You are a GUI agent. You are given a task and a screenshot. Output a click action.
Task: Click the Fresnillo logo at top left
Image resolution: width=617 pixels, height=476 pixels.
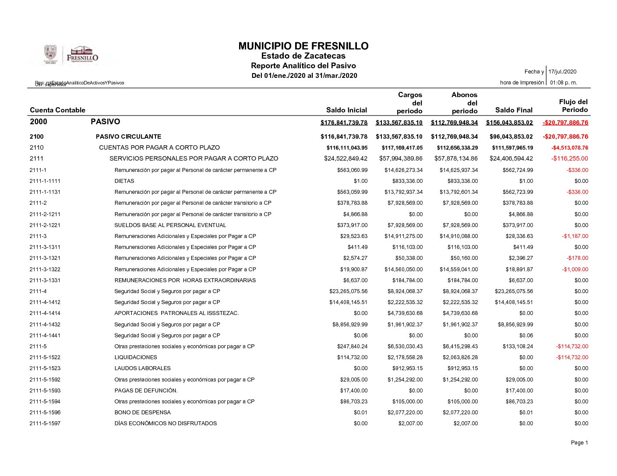(x=71, y=55)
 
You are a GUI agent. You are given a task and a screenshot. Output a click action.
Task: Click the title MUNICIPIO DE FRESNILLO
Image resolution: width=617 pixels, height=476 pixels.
(x=303, y=46)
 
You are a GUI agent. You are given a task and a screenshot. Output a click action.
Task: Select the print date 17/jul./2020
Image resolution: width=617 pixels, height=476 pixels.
(x=562, y=72)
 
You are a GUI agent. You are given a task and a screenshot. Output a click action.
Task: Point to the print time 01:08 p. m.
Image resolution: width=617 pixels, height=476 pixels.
(x=563, y=83)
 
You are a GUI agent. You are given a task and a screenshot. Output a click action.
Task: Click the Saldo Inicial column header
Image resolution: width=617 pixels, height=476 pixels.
(x=346, y=110)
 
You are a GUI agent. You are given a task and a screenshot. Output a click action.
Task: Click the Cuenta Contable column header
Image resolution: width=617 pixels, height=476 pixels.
(x=57, y=110)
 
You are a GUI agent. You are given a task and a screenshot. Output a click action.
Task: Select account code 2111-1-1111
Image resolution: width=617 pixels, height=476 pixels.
(x=45, y=181)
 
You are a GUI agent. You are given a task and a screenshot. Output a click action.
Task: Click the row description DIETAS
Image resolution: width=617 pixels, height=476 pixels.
(x=124, y=181)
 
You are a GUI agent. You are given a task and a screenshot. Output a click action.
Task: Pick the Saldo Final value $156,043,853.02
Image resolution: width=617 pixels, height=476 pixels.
(x=509, y=122)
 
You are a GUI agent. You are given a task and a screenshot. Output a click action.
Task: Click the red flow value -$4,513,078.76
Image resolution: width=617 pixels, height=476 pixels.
(x=570, y=148)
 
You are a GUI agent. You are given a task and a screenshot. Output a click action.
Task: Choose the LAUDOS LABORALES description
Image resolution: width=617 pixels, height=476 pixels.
(x=142, y=368)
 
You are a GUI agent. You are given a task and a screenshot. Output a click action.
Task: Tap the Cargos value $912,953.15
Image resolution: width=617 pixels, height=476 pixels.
(x=405, y=368)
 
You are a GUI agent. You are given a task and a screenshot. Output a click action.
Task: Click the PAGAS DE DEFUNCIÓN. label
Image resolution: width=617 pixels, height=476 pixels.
(x=146, y=391)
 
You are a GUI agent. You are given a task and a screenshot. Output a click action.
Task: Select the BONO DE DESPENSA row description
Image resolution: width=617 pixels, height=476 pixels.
(x=142, y=413)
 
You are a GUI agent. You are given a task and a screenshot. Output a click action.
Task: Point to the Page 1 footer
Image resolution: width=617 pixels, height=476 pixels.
(x=579, y=443)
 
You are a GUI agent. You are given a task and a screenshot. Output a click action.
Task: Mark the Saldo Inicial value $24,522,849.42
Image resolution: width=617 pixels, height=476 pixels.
(x=346, y=159)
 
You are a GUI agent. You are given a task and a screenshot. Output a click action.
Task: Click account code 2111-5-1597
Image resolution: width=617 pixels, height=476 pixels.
(x=45, y=423)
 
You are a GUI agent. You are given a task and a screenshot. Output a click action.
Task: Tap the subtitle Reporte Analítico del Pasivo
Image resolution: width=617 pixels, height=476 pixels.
(x=303, y=66)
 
